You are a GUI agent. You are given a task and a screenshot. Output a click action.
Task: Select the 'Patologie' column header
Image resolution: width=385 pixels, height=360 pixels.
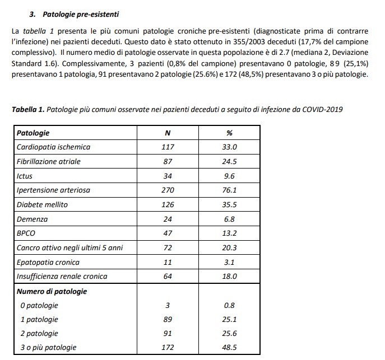coord(33,133)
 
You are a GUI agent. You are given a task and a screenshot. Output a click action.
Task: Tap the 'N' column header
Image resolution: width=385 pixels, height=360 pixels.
coord(168,133)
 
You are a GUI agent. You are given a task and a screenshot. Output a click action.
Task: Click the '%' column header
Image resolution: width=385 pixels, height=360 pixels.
coord(230,133)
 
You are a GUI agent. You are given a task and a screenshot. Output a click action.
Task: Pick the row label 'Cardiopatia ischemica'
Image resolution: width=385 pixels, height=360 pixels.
coord(53,147)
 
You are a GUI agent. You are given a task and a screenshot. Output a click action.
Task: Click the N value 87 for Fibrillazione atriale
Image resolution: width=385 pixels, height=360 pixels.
coord(168,162)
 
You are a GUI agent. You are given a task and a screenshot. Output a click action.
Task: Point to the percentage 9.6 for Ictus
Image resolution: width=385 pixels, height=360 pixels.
coord(230,176)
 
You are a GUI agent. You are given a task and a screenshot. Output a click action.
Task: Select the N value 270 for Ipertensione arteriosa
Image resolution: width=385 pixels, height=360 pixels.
coord(168,190)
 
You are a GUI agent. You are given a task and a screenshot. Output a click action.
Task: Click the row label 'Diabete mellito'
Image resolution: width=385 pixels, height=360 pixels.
coord(42,204)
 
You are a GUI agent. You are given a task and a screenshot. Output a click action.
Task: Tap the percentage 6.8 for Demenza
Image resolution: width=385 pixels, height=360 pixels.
coord(230,219)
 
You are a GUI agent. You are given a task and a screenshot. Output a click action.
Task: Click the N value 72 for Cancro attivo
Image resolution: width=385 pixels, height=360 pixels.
coord(168,247)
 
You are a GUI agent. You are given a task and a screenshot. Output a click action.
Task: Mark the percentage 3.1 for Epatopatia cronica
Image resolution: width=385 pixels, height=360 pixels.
coord(230,262)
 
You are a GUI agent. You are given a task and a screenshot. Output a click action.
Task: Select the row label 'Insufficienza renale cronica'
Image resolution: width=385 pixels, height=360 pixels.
coord(62,276)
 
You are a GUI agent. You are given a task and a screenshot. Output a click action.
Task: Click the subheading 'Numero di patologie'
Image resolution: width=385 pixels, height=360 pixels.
coord(52,291)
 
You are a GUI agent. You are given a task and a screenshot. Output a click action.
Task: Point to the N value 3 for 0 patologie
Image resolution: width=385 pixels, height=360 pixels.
coord(168,306)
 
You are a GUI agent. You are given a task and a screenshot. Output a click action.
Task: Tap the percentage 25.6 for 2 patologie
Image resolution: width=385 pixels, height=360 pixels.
coord(230,334)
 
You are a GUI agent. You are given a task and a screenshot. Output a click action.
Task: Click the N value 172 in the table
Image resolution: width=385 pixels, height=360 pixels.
coord(168,348)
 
